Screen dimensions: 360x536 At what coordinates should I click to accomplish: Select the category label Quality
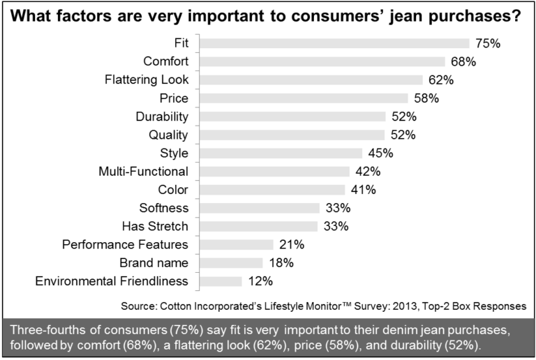click(x=169, y=135)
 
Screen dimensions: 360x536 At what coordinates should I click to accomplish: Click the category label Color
click(x=173, y=190)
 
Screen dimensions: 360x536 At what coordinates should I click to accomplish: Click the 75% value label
click(x=487, y=43)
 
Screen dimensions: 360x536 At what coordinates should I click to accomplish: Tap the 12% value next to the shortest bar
click(x=259, y=281)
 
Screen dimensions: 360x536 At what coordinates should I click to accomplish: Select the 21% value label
click(x=290, y=244)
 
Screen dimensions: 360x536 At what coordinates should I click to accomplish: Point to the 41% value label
click(x=363, y=190)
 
